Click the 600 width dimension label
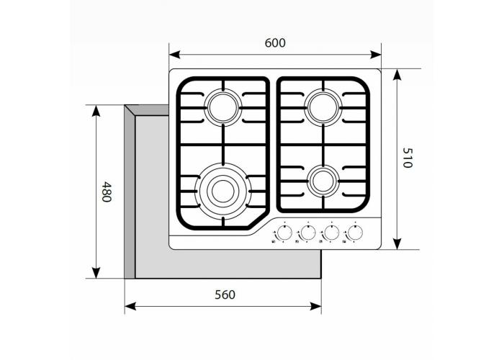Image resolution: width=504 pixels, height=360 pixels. (275, 42)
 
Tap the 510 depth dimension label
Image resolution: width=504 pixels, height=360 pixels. (407, 158)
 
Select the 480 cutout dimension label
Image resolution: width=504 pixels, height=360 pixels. (107, 192)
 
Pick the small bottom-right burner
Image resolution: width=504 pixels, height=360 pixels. (321, 181)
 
